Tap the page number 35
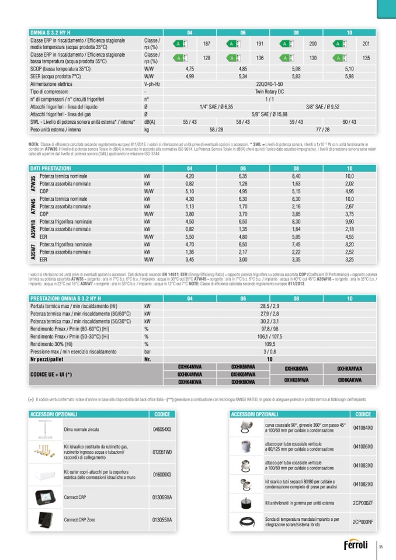click(x=380, y=547)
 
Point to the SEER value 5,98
click(x=349, y=76)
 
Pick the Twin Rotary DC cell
click(x=269, y=92)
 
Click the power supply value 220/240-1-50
click(x=269, y=84)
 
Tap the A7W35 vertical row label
click(x=33, y=183)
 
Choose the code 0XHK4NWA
click(x=189, y=366)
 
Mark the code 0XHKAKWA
click(x=349, y=380)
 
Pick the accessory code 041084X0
click(x=363, y=427)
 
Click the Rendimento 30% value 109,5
click(x=269, y=345)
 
